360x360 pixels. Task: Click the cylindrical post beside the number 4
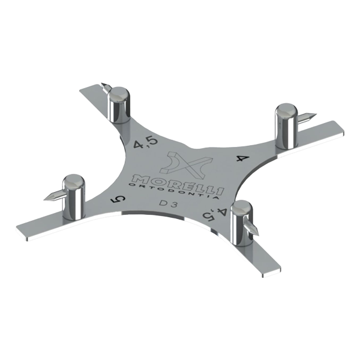(286, 126)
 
